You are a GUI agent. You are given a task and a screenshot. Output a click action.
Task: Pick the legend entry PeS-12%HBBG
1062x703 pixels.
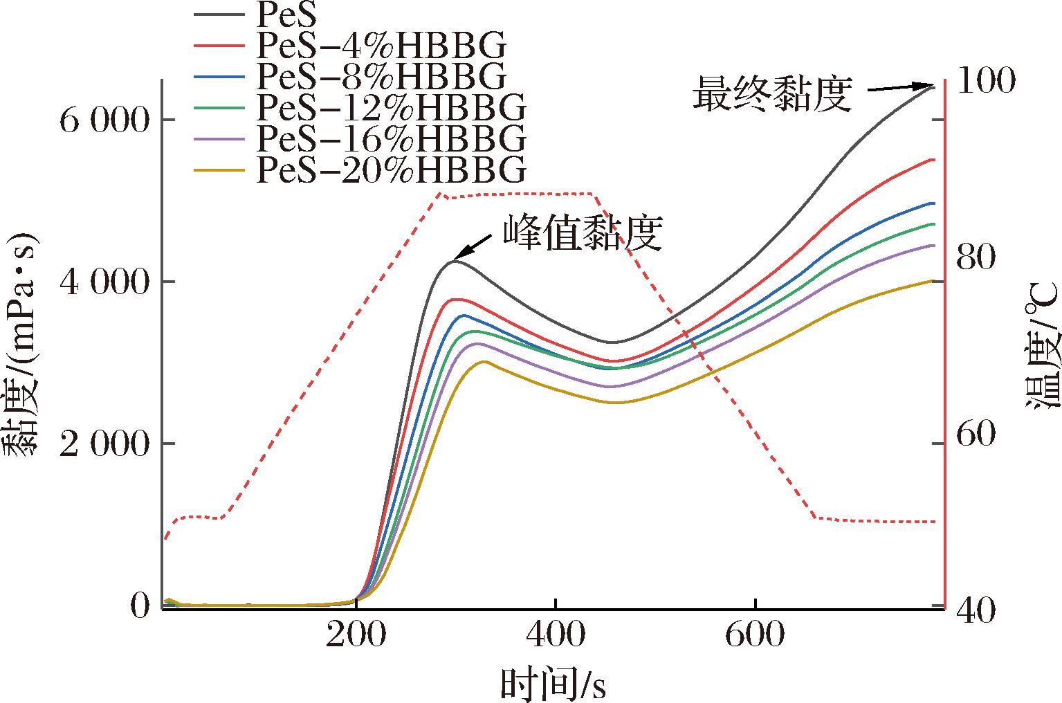(391, 107)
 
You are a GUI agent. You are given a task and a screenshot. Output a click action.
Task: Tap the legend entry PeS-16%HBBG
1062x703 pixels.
(391, 138)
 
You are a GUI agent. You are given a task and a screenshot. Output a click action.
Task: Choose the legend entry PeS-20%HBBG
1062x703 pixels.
(391, 170)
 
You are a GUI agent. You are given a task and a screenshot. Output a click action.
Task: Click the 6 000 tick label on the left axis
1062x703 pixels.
(104, 121)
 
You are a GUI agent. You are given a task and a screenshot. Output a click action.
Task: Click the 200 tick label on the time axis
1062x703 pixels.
(356, 635)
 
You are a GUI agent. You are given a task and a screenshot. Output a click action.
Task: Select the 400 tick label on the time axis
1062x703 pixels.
(555, 635)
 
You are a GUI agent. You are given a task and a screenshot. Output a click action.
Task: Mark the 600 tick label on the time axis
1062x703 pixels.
(755, 635)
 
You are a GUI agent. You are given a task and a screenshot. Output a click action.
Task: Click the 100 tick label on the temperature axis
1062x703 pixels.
(985, 82)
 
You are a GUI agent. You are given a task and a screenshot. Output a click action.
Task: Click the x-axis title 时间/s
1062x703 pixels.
(553, 684)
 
